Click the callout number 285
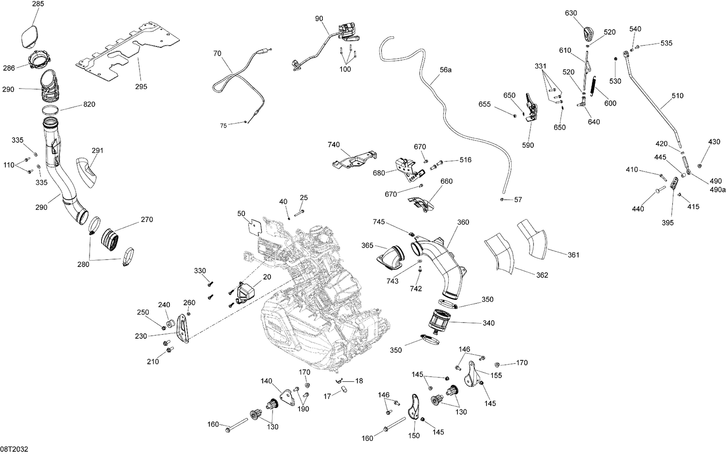[38, 4]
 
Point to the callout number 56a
[445, 70]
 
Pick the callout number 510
[678, 96]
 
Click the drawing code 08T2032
[15, 449]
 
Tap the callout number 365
[367, 246]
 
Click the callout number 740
[333, 145]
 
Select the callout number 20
[267, 277]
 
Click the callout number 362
[542, 275]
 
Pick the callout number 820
[89, 104]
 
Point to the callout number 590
[529, 145]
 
